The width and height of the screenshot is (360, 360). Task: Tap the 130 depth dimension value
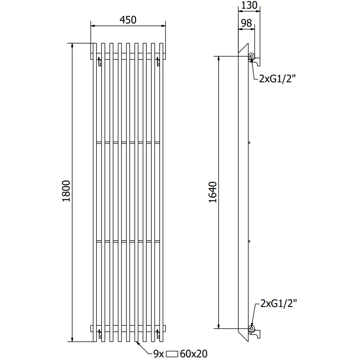(x=249, y=5)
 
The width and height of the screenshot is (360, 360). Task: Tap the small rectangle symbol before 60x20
(x=173, y=354)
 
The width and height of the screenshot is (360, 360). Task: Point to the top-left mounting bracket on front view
(x=99, y=62)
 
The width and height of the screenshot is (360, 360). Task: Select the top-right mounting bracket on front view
(x=157, y=62)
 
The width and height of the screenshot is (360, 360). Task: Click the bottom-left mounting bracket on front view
(x=99, y=333)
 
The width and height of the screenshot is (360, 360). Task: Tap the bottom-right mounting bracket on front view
(x=157, y=333)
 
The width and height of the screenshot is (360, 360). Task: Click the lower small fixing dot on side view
(x=249, y=242)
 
